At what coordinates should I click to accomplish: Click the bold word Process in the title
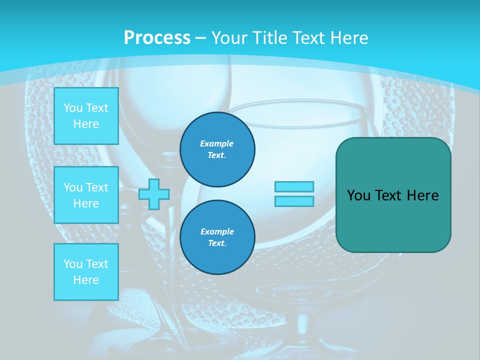(x=157, y=38)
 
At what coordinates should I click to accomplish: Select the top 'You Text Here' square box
(x=86, y=116)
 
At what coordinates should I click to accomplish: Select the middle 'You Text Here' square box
(x=86, y=195)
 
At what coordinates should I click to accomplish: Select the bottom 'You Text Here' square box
(x=86, y=272)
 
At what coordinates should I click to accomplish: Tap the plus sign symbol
(x=154, y=194)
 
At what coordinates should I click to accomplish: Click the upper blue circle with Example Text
(x=217, y=149)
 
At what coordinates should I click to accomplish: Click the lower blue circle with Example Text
(x=217, y=237)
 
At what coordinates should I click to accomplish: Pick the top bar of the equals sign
(x=294, y=187)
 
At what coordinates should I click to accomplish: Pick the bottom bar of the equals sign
(x=294, y=201)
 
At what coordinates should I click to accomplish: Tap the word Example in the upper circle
(x=217, y=143)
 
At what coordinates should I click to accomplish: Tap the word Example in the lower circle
(x=217, y=231)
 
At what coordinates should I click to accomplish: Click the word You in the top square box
(x=73, y=108)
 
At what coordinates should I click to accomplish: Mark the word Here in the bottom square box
(x=86, y=280)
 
